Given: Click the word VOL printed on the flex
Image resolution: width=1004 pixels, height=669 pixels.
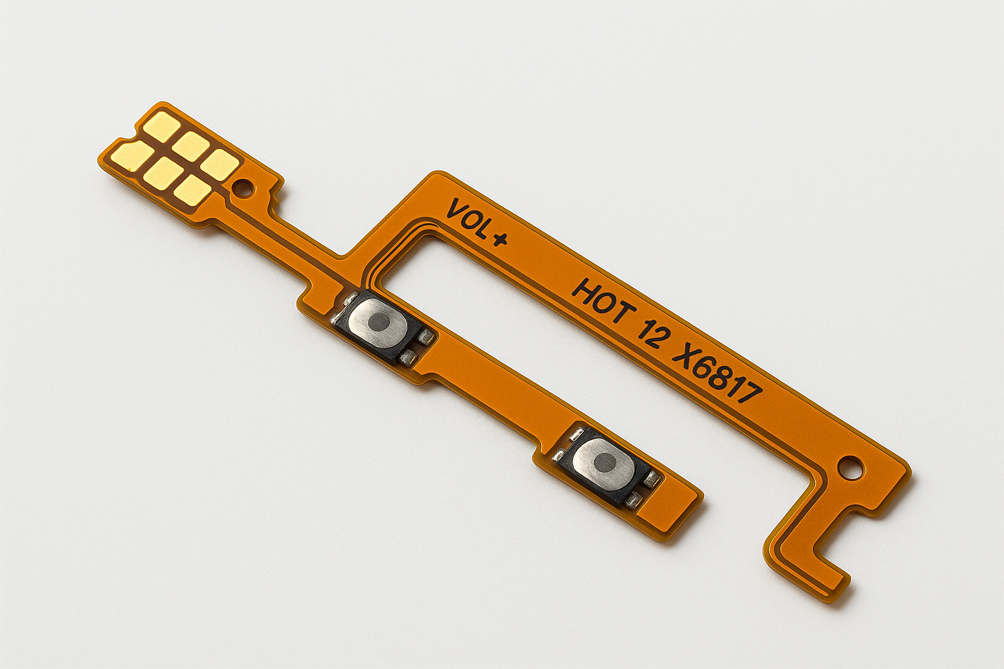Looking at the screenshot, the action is [469, 220].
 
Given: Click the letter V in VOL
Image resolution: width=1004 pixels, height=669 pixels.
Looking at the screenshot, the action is [456, 210].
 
